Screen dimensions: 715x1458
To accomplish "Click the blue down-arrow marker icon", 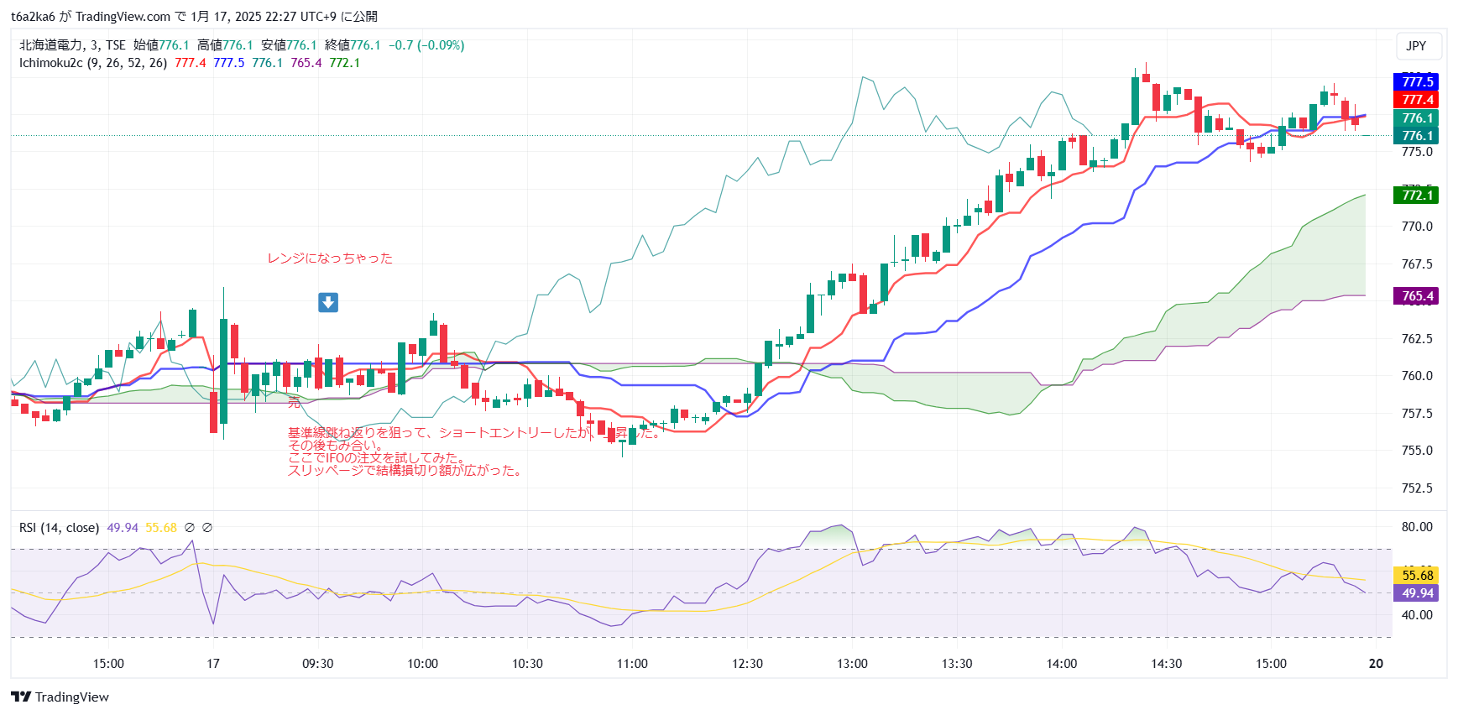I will click(328, 302).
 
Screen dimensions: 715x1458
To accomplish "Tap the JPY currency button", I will click(1416, 46).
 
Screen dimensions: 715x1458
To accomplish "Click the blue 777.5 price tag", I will click(1417, 81).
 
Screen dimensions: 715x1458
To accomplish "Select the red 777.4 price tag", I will click(1417, 100).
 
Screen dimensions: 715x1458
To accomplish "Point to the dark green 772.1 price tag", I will click(1417, 196).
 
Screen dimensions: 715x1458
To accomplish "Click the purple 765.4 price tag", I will click(1417, 296).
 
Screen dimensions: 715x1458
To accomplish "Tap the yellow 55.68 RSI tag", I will click(1417, 576).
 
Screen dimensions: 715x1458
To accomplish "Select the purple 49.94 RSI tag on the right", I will click(1417, 593).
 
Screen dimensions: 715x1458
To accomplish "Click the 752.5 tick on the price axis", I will click(1417, 488).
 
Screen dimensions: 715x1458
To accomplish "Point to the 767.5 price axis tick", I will click(1417, 264).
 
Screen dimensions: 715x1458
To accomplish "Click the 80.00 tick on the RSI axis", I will click(1417, 527).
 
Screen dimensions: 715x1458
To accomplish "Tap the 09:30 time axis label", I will click(317, 664).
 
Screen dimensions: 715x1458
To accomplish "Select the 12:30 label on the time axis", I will click(747, 664).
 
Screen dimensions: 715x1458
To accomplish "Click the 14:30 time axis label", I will click(1166, 664).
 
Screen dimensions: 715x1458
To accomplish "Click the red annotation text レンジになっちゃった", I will click(330, 258).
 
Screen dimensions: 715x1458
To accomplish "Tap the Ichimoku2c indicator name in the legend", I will click(50, 63).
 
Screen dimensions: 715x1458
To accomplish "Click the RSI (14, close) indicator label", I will click(59, 528).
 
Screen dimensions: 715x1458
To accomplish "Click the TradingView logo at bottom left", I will click(60, 697).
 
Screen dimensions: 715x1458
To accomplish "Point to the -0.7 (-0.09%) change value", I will click(426, 45).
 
